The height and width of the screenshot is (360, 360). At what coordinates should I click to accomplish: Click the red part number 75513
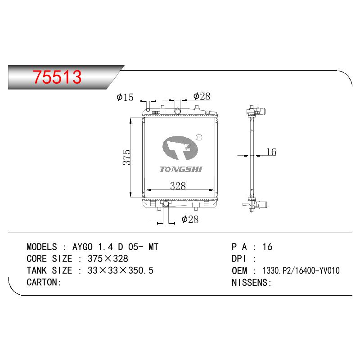[x=57, y=77]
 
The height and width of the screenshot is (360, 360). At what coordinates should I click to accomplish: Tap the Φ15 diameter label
[x=125, y=97]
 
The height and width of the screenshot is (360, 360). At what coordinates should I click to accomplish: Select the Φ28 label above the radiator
[x=202, y=96]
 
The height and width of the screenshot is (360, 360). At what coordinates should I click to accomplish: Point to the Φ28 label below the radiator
[x=190, y=219]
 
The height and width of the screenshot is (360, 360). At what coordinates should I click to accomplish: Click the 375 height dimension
[x=127, y=157]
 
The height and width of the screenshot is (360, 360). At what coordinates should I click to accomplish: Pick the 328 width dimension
[x=178, y=186]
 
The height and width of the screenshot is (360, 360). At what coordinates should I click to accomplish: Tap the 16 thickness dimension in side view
[x=271, y=152]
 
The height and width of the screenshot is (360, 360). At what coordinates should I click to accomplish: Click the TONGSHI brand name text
[x=181, y=170]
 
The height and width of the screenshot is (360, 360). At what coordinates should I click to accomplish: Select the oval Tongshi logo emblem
[x=180, y=148]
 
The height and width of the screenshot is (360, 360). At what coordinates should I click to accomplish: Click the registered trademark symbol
[x=199, y=137]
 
